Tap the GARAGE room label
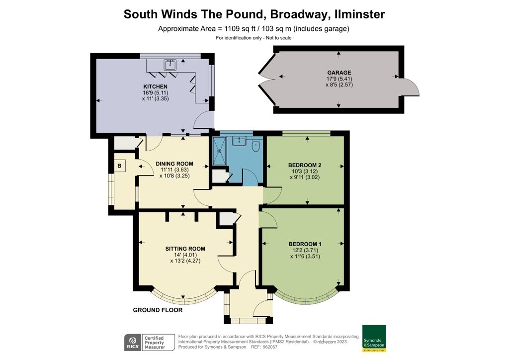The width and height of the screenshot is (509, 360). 339,73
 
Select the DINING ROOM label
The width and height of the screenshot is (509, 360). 174,164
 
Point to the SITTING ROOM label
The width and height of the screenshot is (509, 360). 185,249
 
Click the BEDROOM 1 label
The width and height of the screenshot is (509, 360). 305,244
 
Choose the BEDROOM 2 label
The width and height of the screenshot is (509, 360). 305,165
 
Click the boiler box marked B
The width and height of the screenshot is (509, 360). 119,166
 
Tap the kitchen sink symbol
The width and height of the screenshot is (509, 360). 170,64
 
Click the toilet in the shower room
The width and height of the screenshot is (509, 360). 256,146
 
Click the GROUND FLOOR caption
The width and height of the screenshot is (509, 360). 158,310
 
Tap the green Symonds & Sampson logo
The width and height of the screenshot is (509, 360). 374,339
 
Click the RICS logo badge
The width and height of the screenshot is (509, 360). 132,342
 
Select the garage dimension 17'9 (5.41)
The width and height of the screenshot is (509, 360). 339,79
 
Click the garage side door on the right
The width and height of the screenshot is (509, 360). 411,88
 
